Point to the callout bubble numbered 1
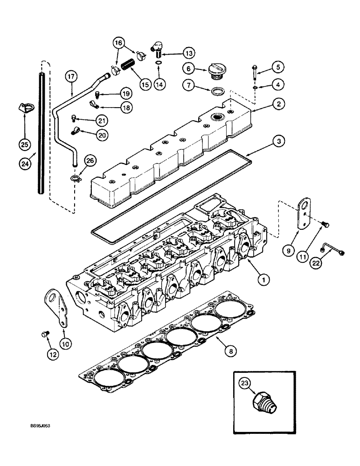coord(263,280)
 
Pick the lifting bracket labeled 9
coord(304,216)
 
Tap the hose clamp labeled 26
coord(76,177)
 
